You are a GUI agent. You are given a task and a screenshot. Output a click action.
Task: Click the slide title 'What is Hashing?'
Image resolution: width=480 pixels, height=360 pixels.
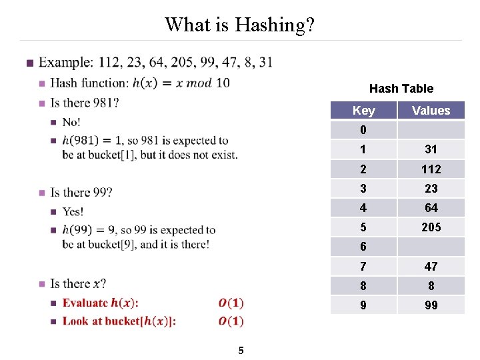point(240,25)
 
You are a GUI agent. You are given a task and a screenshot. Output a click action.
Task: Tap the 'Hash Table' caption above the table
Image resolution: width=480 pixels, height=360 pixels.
point(401,89)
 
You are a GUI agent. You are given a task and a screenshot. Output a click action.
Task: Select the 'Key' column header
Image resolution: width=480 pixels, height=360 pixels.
point(363,111)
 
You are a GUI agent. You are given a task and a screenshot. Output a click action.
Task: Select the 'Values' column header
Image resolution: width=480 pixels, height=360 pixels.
point(431,111)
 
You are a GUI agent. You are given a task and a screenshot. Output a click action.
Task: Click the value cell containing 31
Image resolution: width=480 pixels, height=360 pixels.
point(431,149)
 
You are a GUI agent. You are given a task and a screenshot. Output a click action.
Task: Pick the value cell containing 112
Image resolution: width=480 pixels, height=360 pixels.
point(431,169)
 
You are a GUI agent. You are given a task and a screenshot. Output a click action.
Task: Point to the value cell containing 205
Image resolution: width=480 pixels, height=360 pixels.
point(431,227)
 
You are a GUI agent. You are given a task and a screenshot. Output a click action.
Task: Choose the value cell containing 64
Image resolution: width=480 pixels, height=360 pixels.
point(431,208)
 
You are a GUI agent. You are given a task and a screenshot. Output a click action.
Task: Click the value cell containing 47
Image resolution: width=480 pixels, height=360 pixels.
point(431,267)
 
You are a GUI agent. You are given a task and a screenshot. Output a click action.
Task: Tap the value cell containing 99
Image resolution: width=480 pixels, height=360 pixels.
point(431,305)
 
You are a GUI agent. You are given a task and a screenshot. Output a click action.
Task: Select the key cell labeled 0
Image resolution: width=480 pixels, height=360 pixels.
point(363,130)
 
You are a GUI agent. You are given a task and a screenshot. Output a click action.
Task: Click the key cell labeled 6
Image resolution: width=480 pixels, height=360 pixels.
point(363,247)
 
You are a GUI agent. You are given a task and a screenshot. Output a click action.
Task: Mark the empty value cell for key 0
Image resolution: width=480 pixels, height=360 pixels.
point(431,130)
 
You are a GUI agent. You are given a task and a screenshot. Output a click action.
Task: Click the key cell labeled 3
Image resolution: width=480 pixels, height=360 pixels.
point(363,189)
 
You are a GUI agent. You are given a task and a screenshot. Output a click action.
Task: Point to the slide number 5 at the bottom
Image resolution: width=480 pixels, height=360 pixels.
point(241,351)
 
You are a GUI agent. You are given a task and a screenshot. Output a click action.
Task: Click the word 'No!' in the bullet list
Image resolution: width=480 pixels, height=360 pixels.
point(71,122)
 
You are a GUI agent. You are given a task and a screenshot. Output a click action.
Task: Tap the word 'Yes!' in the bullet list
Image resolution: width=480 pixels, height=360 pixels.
point(73,211)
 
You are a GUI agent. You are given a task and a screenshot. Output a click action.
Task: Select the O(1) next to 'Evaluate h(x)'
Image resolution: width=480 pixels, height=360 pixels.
point(231,303)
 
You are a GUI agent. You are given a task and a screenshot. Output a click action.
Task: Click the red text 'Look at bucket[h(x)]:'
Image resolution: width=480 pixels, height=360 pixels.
point(119,321)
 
